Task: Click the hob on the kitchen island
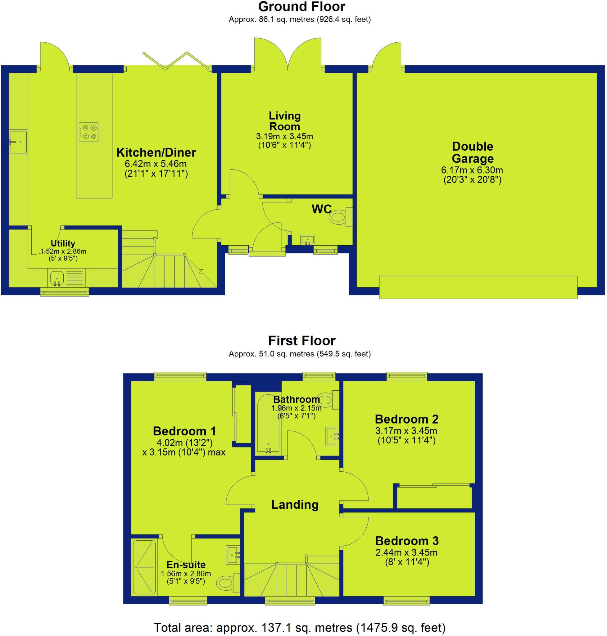88,132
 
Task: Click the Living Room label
285,121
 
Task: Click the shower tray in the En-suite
144,567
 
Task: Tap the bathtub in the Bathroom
268,423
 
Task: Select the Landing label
295,505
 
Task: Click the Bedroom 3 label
407,541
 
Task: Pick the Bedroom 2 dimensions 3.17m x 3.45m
406,431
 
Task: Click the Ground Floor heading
301,7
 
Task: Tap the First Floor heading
301,341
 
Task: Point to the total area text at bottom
300,628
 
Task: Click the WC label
322,209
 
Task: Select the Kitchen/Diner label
156,152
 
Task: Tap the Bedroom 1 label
184,431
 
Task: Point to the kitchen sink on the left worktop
18,142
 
